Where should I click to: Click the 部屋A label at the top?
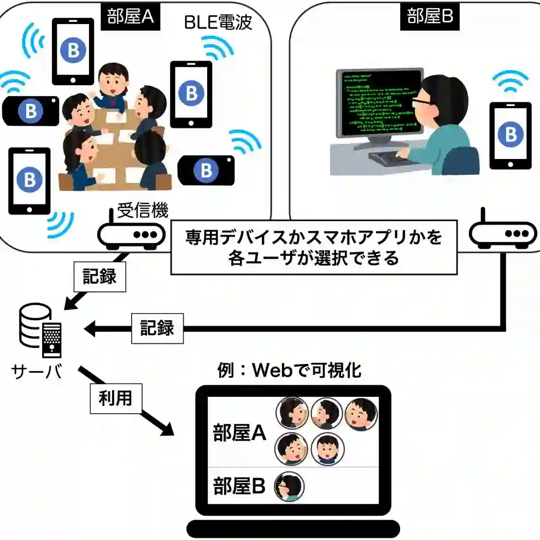point(129,16)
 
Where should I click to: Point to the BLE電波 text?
point(218,22)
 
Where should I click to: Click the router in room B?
point(502,232)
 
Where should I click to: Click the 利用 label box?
point(115,398)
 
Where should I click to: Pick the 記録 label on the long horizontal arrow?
point(157,328)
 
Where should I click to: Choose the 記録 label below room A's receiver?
point(99,277)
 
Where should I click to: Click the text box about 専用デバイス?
point(314,248)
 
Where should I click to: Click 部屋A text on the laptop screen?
point(239,433)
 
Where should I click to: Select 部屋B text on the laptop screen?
point(239,486)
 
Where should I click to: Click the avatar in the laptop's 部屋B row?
point(289,486)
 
